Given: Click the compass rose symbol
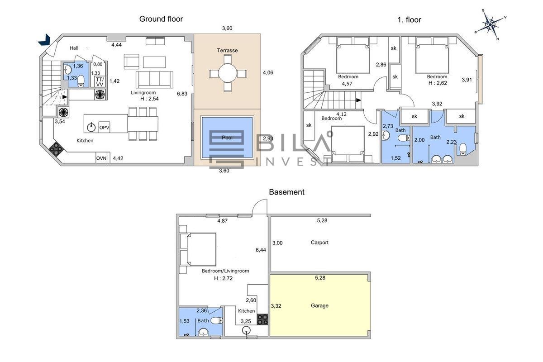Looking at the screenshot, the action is tap(491, 24).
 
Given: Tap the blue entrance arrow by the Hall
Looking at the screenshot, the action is tap(45, 40).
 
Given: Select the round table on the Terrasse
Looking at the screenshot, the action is tap(227, 73).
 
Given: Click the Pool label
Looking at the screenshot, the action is tap(227, 138).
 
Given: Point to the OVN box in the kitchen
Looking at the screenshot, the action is tap(101, 158).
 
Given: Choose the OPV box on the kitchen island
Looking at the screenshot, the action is tap(104, 127).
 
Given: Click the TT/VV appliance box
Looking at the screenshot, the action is tap(100, 82).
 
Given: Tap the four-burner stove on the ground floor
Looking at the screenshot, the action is tap(56, 148).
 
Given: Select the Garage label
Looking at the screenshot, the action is tap(319, 305).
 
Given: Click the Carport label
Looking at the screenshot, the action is tap(319, 243).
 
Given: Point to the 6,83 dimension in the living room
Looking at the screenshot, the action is tap(182, 94).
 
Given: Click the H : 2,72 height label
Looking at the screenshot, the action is tap(223, 278).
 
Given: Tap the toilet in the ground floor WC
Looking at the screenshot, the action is tap(81, 81).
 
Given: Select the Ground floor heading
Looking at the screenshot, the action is tap(161, 19).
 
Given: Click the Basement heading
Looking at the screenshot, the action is tap(286, 192).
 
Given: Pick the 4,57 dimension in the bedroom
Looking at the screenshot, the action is tap(347, 84).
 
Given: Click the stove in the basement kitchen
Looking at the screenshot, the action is tap(262, 319).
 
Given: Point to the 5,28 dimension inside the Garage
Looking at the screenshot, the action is tap(320, 278).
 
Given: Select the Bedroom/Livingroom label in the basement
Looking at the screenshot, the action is tap(225, 271).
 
